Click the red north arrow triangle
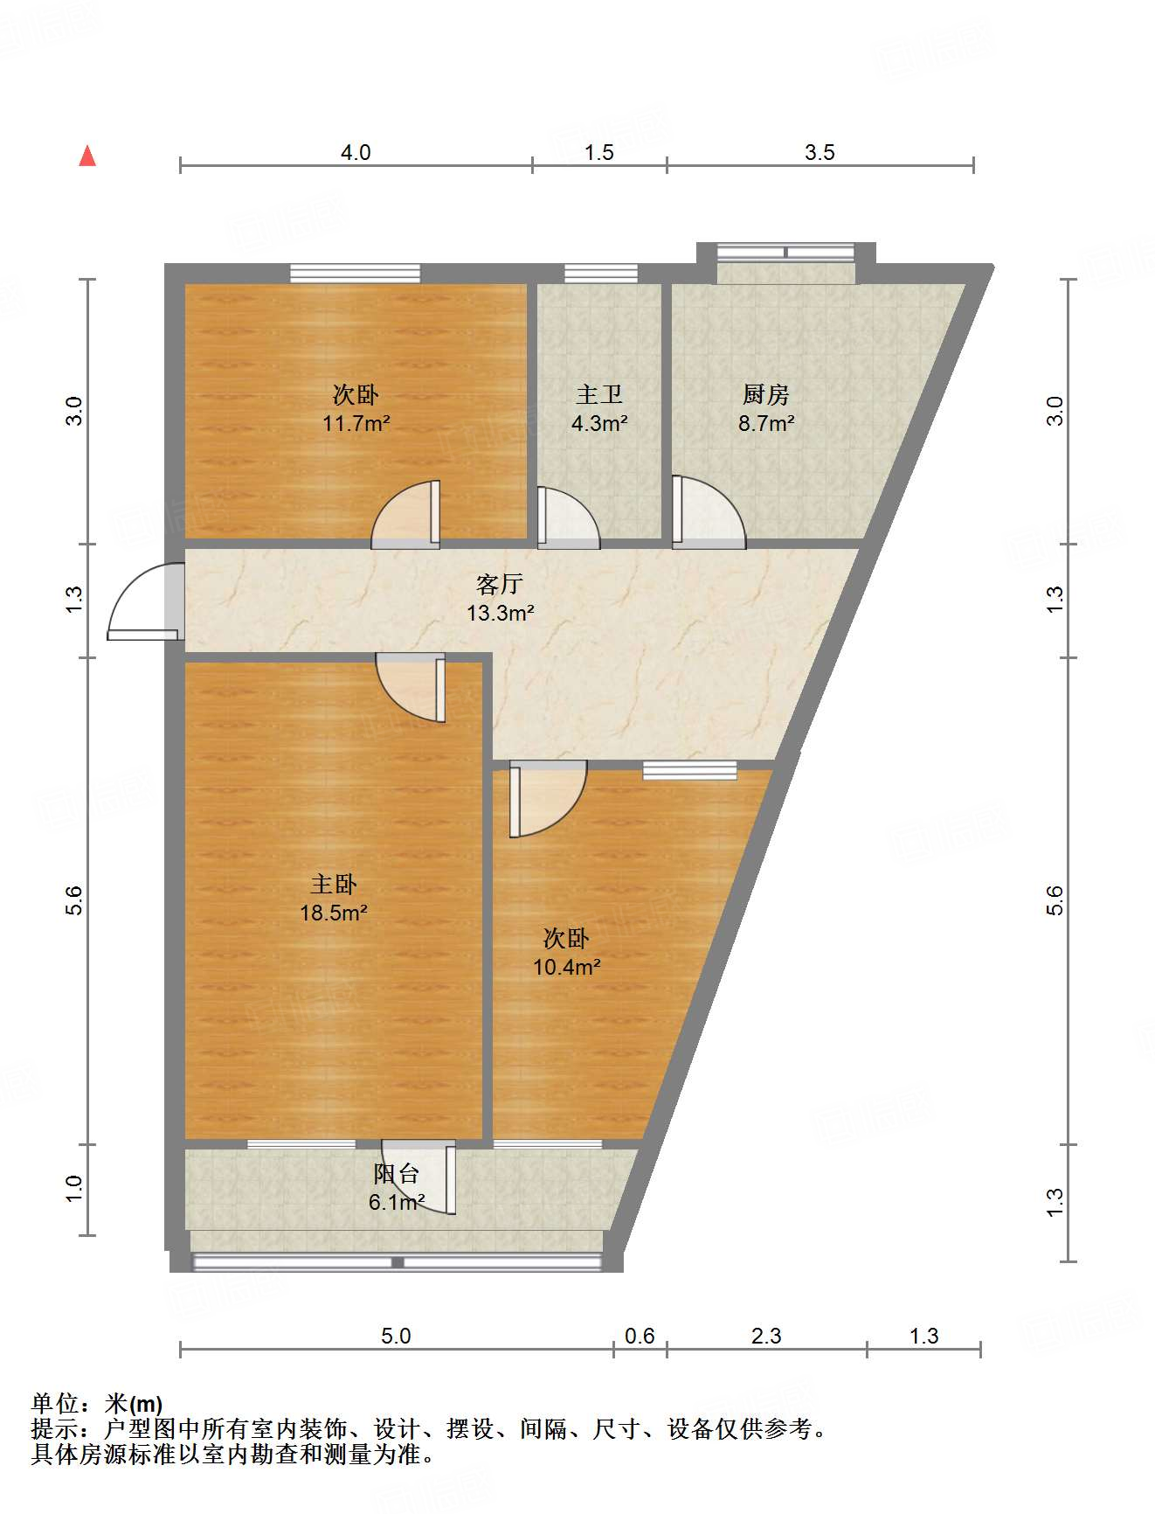(x=87, y=156)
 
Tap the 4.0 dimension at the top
(x=356, y=153)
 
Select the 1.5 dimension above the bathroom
(x=598, y=153)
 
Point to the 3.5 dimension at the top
(x=820, y=153)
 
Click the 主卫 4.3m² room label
(x=599, y=409)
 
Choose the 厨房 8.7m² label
(x=766, y=409)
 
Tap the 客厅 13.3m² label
(x=500, y=599)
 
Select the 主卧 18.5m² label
(x=333, y=899)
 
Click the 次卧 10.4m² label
(x=566, y=953)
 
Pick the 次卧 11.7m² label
(x=356, y=409)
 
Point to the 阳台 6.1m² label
(x=397, y=1188)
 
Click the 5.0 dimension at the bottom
(x=396, y=1336)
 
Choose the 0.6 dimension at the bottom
(x=640, y=1336)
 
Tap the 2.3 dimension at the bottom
(x=766, y=1336)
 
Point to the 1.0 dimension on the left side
(x=74, y=1188)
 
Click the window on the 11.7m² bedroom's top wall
(x=355, y=274)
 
